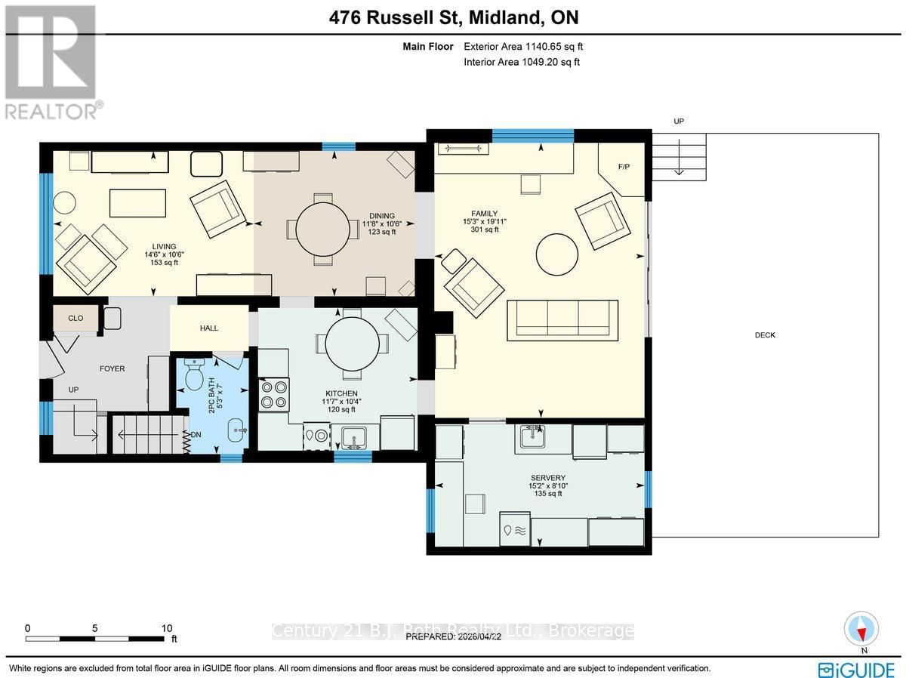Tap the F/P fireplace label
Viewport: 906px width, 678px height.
[624, 166]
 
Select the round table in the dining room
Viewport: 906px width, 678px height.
[322, 229]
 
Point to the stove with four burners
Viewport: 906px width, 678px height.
[273, 394]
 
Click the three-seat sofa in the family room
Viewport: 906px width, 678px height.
[562, 318]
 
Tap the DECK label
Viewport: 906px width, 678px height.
[765, 335]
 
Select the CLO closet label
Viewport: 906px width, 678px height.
[75, 318]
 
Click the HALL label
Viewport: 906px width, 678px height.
[209, 328]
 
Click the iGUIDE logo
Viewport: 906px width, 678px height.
[856, 669]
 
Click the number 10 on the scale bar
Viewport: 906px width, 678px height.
[167, 628]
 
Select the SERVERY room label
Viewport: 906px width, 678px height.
[547, 477]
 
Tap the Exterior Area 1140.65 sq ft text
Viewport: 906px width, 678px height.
[521, 47]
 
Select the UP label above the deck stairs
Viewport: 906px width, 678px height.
[678, 121]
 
